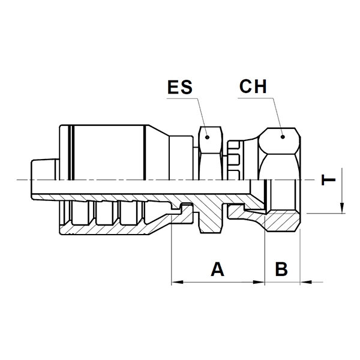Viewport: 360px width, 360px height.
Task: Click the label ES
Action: coord(180,87)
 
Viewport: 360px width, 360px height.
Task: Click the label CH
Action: coord(253,86)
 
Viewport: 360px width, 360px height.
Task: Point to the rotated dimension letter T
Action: coord(328,180)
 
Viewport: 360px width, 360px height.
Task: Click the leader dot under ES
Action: coord(208,137)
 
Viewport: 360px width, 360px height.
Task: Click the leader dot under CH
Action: coord(283,137)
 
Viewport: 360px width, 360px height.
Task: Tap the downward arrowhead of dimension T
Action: coord(342,208)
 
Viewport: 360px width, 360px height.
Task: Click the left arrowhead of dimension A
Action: coord(177,282)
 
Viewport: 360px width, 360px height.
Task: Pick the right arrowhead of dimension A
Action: coord(259,282)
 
